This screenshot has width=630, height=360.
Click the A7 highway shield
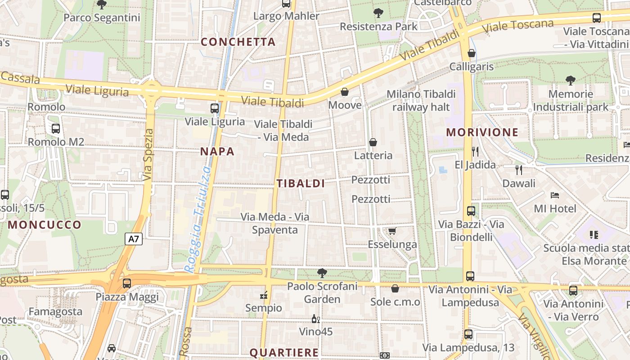click(134, 239)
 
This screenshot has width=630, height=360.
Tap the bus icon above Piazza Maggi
click(127, 283)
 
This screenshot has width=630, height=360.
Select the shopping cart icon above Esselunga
click(392, 231)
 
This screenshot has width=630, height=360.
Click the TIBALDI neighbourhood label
click(301, 184)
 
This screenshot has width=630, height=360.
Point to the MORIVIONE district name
click(482, 132)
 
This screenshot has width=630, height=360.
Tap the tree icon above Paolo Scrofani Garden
click(322, 273)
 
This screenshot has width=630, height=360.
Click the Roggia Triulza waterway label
click(198, 219)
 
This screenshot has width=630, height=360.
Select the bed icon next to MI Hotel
click(555, 195)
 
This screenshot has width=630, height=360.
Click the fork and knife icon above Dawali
click(519, 170)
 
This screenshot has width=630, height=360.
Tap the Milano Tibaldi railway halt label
click(421, 100)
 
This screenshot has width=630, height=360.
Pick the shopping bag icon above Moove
click(345, 92)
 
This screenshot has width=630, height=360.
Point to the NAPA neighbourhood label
click(217, 152)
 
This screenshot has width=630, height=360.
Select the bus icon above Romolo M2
click(56, 129)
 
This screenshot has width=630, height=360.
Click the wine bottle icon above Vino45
click(316, 319)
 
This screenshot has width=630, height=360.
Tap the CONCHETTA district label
click(238, 42)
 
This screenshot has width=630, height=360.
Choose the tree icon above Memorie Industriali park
click(570, 81)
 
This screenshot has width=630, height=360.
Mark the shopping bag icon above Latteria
click(373, 143)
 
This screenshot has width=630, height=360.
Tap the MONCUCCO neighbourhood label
click(45, 225)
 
